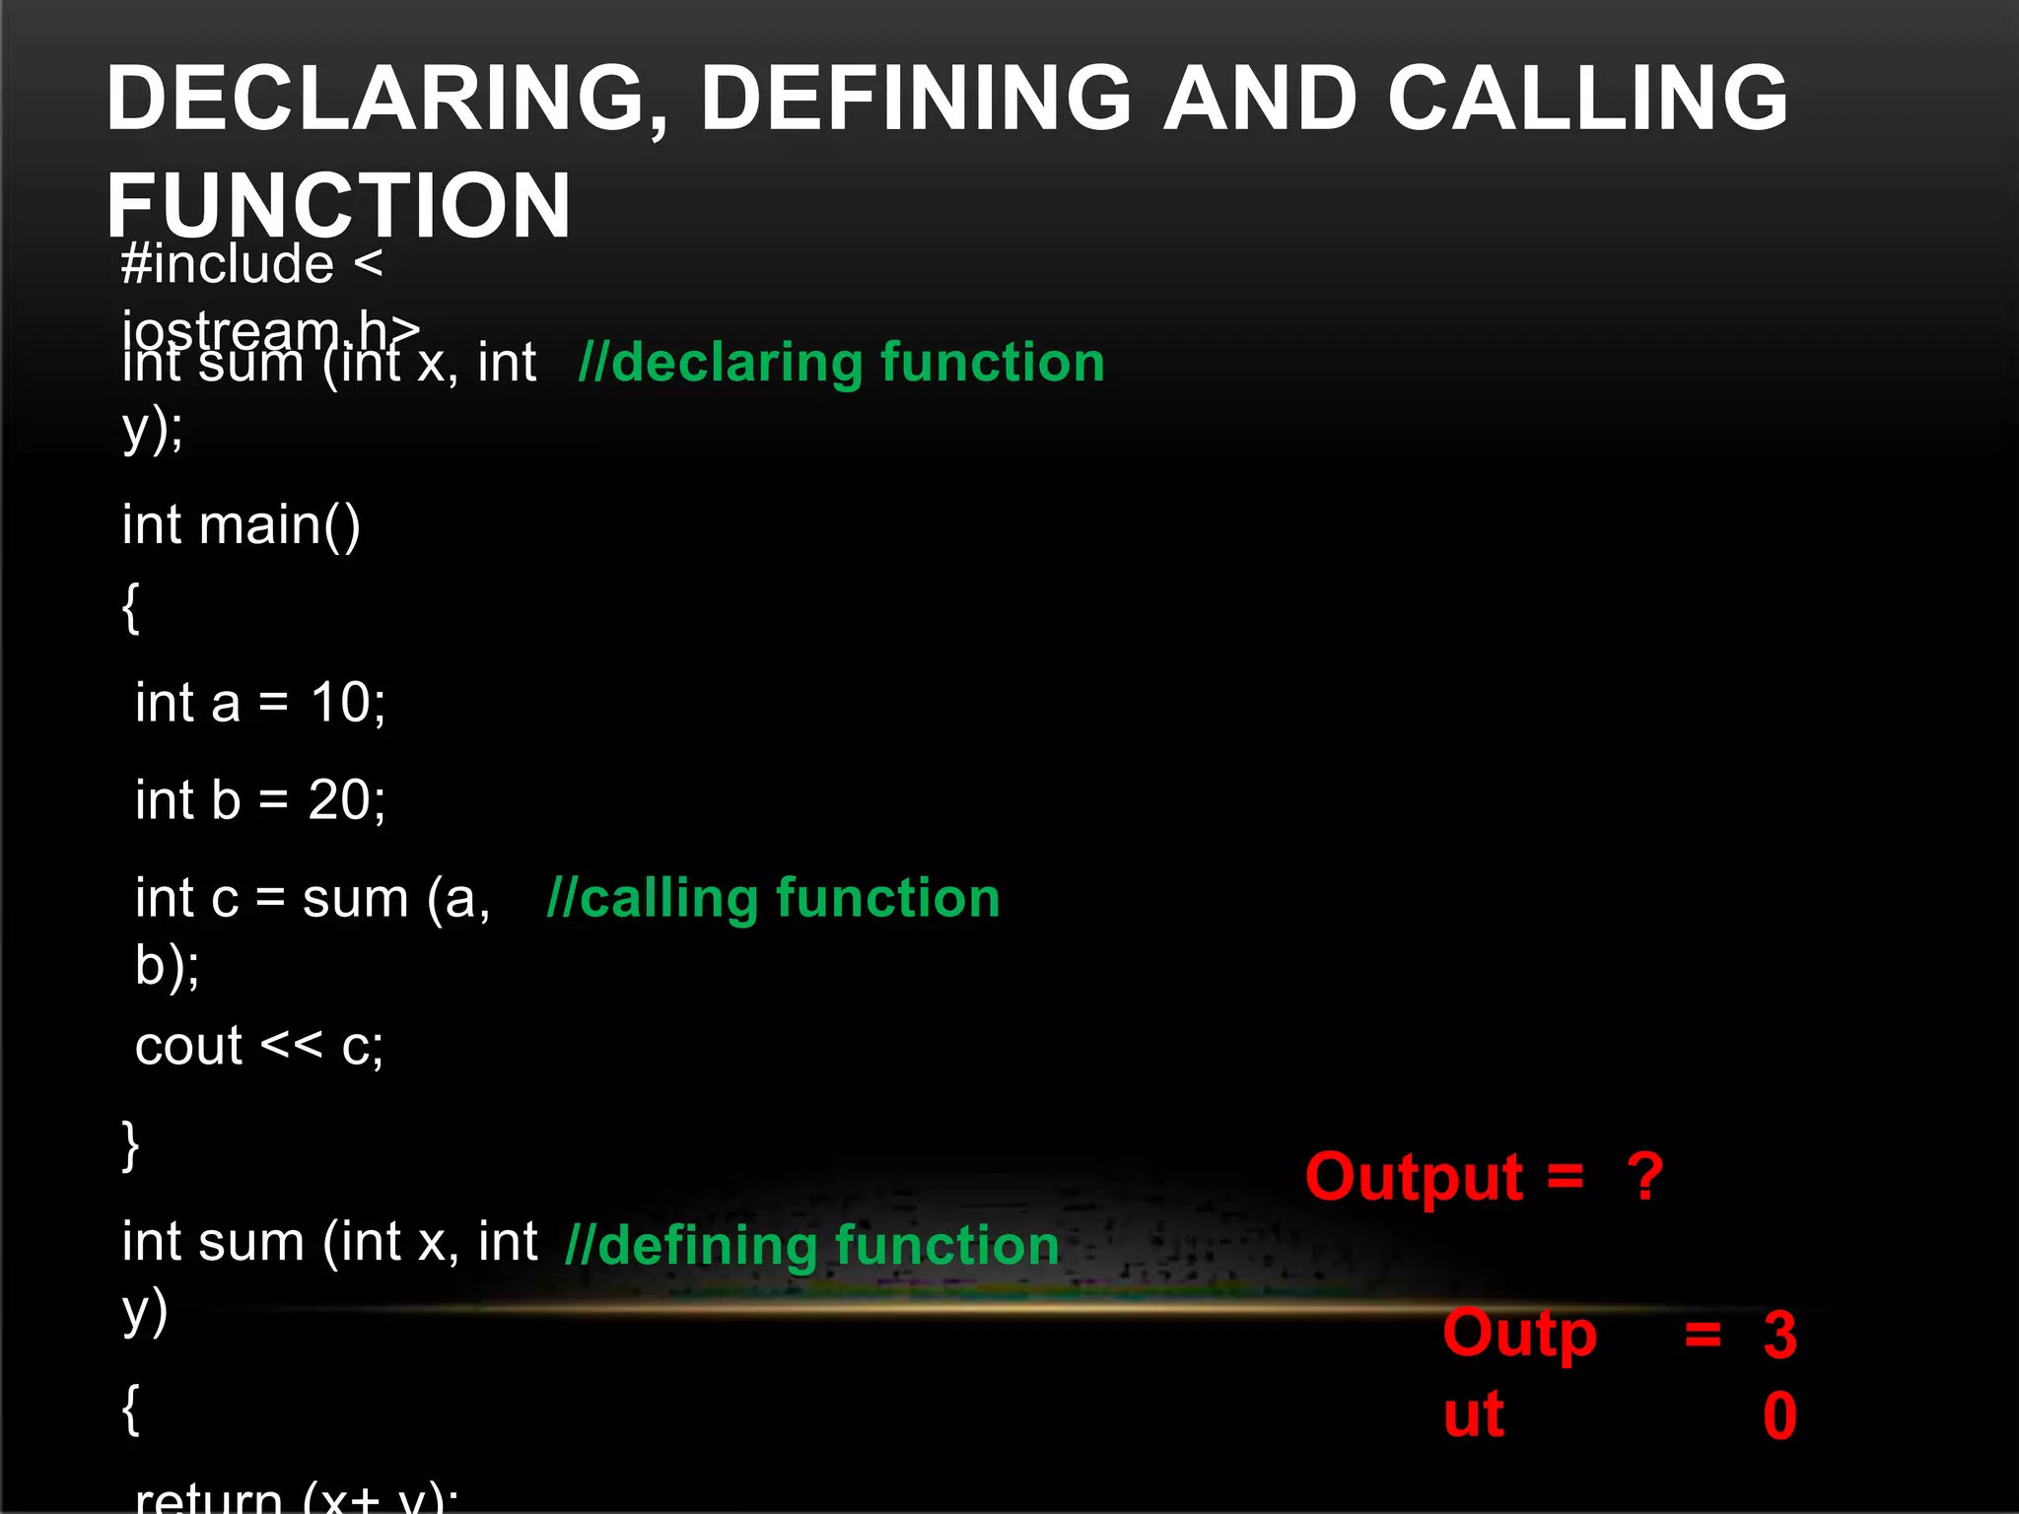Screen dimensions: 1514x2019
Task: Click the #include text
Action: pyautogui.click(x=228, y=264)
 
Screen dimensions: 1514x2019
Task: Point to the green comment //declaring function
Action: pyautogui.click(x=841, y=362)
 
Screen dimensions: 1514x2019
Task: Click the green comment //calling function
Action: pyautogui.click(x=773, y=898)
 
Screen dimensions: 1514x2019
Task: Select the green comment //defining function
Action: pyautogui.click(x=811, y=1245)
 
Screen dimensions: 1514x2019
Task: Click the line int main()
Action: pyautogui.click(x=242, y=524)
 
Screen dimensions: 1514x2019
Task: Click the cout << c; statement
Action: pyautogui.click(x=259, y=1046)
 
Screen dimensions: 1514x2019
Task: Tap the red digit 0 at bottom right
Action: pyautogui.click(x=1779, y=1415)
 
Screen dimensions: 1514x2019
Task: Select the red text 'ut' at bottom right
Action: pyautogui.click(x=1474, y=1414)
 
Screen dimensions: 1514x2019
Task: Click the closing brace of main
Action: pyautogui.click(x=130, y=1144)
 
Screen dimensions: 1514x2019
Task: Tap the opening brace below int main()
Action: pyautogui.click(x=130, y=607)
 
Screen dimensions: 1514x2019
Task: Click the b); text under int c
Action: pyautogui.click(x=167, y=965)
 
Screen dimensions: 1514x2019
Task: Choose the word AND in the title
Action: pyautogui.click(x=1260, y=98)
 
